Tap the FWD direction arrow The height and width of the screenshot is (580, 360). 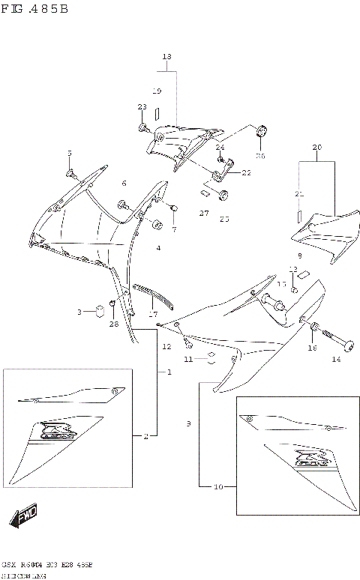point(25,517)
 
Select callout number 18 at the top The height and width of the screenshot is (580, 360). point(166,57)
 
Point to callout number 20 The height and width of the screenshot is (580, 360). point(316,147)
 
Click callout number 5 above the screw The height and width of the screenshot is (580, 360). point(70,154)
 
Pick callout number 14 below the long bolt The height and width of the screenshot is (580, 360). point(336,360)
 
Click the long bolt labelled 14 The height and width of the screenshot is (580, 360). point(338,344)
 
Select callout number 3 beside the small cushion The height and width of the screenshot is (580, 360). point(79,312)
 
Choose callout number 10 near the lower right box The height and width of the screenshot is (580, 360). point(218,487)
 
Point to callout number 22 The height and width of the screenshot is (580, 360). point(246,172)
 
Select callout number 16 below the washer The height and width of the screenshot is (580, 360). point(312,348)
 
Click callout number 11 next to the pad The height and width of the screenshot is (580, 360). point(190,360)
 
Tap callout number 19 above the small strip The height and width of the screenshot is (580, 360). point(157,91)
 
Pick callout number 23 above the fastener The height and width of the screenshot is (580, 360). point(142,107)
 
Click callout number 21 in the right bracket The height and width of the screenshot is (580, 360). point(298,194)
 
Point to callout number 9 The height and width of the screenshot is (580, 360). point(189,424)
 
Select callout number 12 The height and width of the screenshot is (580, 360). point(167,347)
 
